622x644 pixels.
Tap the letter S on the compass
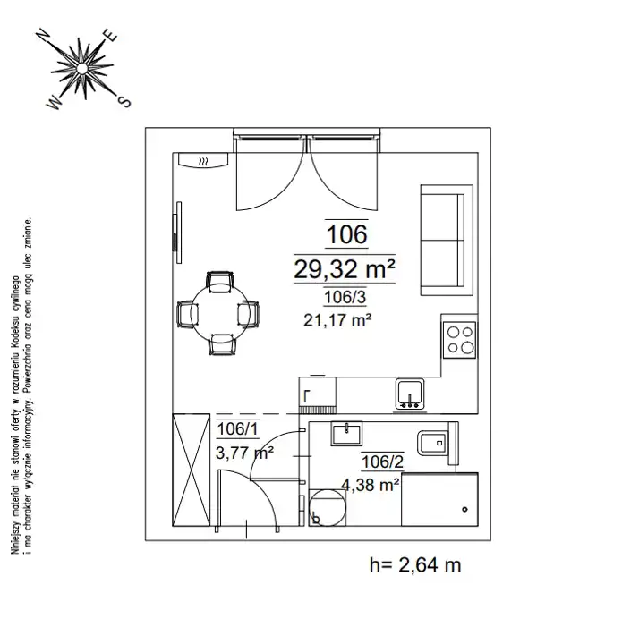(124, 100)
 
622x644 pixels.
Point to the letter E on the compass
(110, 35)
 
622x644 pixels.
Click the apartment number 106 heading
(346, 234)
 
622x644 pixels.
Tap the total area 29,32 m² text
(345, 269)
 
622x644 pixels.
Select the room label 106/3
(345, 297)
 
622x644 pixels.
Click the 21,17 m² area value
(337, 319)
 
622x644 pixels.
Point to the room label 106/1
(237, 429)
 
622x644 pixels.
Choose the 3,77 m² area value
(245, 453)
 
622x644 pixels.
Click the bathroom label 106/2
(382, 462)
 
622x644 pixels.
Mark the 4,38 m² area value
(371, 485)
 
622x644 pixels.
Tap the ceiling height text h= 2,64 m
(415, 565)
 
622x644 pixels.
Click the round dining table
(220, 313)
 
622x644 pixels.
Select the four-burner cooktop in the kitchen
(459, 340)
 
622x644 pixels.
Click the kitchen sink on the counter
(410, 394)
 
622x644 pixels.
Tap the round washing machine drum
(328, 507)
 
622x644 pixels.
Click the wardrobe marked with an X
(191, 470)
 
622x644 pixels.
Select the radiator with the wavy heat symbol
(203, 160)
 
